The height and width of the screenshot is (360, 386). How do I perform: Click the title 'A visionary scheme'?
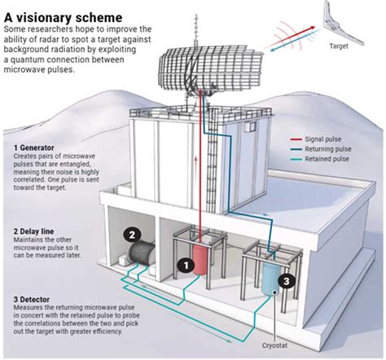(x=63, y=15)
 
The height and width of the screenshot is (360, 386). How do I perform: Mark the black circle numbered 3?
(x=284, y=281)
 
